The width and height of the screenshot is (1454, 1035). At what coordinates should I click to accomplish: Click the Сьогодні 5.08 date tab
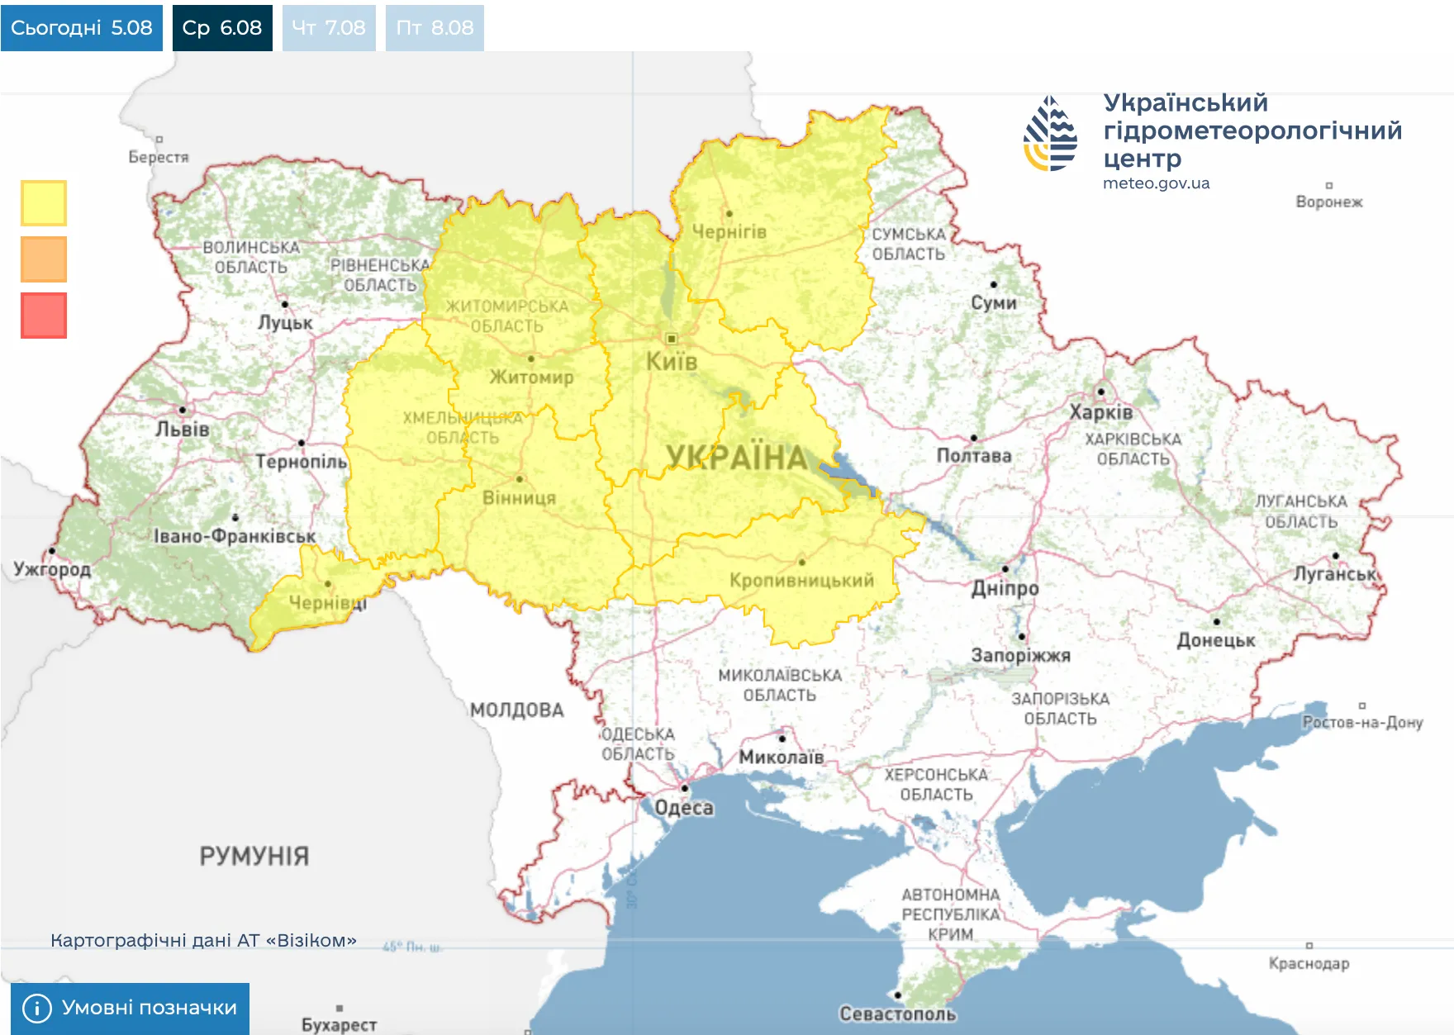[x=81, y=27]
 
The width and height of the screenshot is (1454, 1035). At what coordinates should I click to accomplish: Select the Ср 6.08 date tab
[x=221, y=27]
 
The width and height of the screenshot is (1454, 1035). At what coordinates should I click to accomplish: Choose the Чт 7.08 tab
[x=328, y=27]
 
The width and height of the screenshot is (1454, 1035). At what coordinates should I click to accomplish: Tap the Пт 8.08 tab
[x=435, y=27]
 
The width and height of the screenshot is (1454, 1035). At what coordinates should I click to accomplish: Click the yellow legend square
[x=44, y=203]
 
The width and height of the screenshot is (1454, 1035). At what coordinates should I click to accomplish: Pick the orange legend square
[x=44, y=259]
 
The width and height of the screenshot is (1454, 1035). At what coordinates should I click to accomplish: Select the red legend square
[x=44, y=316]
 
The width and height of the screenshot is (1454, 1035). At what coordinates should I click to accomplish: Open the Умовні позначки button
[x=130, y=1008]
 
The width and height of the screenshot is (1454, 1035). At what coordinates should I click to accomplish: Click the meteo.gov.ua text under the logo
[x=1156, y=183]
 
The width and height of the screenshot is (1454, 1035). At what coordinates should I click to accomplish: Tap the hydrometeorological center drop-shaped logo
[x=1050, y=134]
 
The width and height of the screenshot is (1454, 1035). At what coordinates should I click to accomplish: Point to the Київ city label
[x=671, y=361]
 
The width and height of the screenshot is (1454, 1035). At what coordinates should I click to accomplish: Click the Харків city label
[x=1100, y=411]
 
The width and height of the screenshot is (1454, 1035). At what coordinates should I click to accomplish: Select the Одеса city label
[x=683, y=807]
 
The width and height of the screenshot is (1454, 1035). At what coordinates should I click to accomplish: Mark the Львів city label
[x=183, y=429]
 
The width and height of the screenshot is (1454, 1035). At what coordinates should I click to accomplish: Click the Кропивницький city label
[x=801, y=580]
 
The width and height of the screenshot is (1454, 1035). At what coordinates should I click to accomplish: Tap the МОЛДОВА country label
[x=517, y=710]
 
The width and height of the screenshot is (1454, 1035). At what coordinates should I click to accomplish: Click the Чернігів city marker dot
[x=729, y=214]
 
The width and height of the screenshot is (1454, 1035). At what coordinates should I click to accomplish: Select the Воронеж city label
[x=1328, y=202]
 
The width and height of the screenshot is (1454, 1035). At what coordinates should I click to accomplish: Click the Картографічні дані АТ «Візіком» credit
[x=203, y=940]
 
